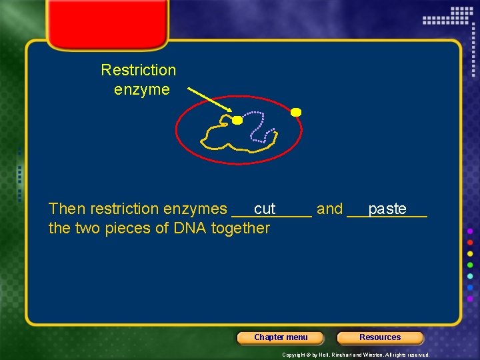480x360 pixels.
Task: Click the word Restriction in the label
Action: click(138, 70)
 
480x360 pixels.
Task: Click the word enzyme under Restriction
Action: click(142, 89)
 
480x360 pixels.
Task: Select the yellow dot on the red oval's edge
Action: click(296, 112)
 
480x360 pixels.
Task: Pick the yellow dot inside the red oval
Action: click(237, 120)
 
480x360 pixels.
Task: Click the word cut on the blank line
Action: click(265, 209)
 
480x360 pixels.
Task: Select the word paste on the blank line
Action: click(387, 209)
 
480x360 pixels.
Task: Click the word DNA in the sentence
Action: click(189, 229)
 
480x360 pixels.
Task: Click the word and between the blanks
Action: click(329, 209)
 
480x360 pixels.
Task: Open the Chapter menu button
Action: click(281, 337)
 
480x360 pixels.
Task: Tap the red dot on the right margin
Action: click(471, 242)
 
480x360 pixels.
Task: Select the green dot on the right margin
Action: click(471, 265)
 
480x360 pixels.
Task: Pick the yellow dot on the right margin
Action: click(471, 253)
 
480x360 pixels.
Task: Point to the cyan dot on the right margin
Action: click(471, 276)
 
